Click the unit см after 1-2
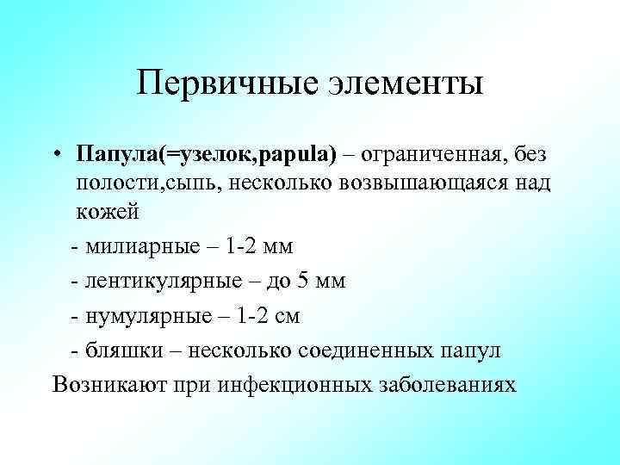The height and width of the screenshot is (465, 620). point(287,316)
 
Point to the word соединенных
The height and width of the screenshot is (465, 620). point(366,350)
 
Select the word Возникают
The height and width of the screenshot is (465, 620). point(104,385)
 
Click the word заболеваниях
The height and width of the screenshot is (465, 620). point(448,385)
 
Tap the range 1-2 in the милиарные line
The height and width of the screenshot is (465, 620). point(244,247)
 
